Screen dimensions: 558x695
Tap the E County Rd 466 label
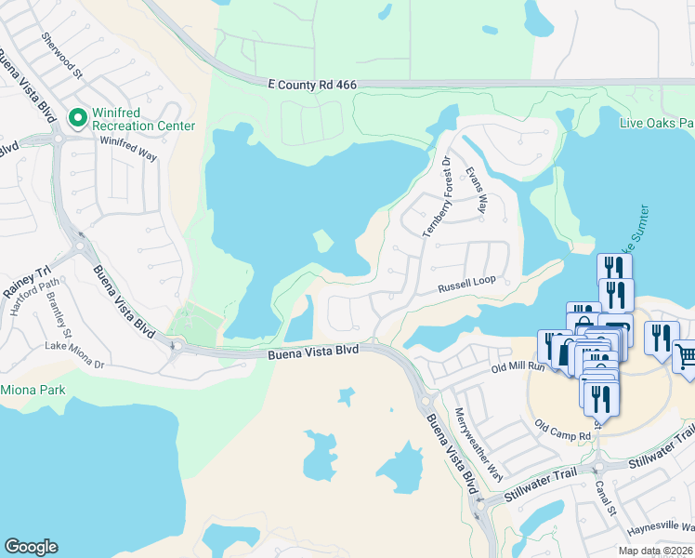(x=312, y=84)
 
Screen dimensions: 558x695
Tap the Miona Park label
(x=33, y=390)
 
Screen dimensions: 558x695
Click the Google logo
(x=31, y=547)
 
